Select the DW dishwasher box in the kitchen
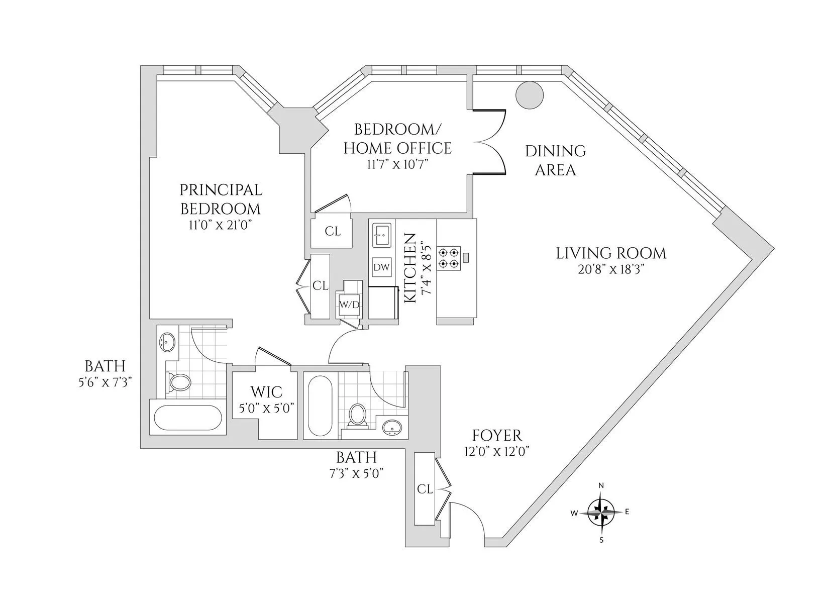[382, 268]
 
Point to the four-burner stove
[448, 258]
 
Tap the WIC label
[266, 392]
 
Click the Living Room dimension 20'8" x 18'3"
[611, 269]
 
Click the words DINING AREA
[555, 160]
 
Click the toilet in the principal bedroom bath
[179, 383]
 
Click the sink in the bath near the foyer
[391, 428]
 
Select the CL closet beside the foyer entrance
[425, 489]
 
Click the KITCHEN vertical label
[410, 268]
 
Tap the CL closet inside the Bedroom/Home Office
[332, 232]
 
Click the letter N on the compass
[601, 485]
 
